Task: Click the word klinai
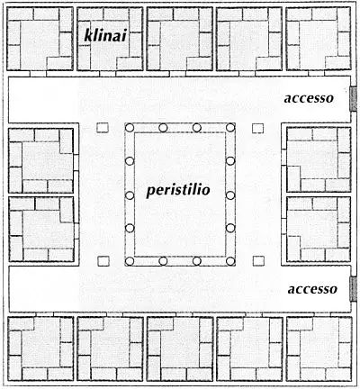tap(106, 35)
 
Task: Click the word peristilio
tap(178, 190)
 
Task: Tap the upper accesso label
tap(309, 98)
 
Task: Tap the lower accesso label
tap(312, 289)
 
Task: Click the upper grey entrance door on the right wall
tap(354, 99)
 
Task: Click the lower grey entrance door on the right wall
tap(354, 289)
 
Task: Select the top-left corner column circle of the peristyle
tap(130, 128)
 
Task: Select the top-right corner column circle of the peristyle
tap(230, 128)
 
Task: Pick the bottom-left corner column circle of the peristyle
tap(130, 261)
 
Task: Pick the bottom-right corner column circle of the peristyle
tap(230, 261)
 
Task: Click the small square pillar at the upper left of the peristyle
tap(103, 128)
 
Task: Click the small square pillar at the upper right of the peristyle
tap(258, 129)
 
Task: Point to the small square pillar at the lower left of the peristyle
tap(103, 261)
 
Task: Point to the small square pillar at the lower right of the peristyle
tap(258, 261)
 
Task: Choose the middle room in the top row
tap(180, 39)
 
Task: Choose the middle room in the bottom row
tap(180, 348)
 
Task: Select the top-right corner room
tap(319, 39)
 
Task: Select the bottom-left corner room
tap(40, 348)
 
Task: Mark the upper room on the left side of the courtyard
tap(41, 160)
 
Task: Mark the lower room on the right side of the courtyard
tap(319, 229)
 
